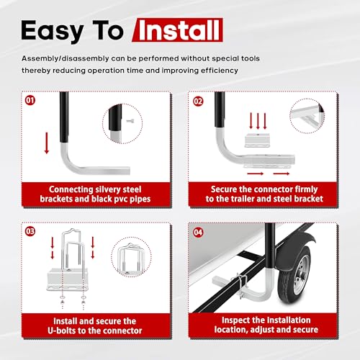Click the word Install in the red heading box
[179, 30]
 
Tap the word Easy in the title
[53, 31]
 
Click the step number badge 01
[30, 100]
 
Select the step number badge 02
[198, 102]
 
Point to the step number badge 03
[30, 231]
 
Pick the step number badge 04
[198, 233]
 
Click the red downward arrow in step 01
[47, 143]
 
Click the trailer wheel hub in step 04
[300, 275]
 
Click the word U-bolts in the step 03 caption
[62, 330]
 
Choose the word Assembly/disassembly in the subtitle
[66, 59]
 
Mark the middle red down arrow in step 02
[258, 121]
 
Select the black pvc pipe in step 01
[64, 117]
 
